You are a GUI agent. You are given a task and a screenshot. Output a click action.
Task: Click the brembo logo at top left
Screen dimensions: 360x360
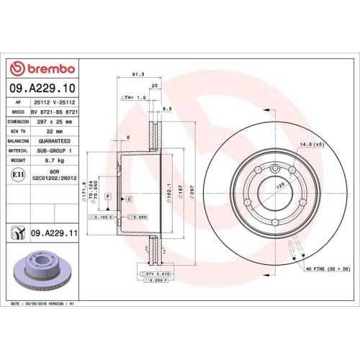coord(41,68)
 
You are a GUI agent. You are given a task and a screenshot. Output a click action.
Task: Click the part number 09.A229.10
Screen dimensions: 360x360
coord(41,89)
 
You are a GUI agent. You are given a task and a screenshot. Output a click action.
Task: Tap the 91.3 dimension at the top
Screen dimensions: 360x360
coord(137,74)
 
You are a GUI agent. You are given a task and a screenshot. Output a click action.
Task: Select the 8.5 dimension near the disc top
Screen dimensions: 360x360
coord(167,109)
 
